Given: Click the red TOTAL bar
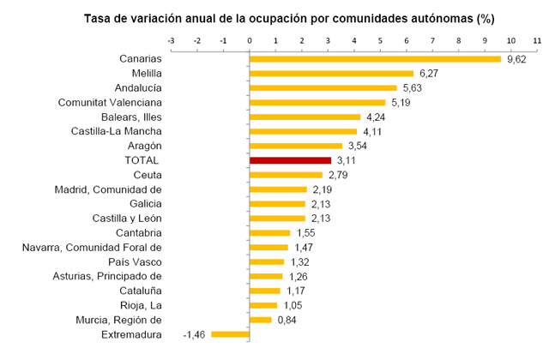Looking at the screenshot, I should point(290,160).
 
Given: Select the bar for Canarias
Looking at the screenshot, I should point(375,58).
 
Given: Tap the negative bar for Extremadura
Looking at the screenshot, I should point(230,334).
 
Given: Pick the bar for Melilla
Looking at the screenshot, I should point(331,73).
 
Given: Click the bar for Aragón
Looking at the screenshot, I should point(295,146).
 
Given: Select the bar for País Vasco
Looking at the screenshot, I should point(267,261).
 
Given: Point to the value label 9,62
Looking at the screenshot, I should point(516,59).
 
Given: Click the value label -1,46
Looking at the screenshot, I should point(195,335).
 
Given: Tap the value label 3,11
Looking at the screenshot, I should point(347,160).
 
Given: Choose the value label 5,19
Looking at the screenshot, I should point(401,102).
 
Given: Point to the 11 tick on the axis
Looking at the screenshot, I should point(537,40).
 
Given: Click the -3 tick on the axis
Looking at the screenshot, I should point(172,40).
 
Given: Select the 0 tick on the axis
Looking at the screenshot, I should point(250,40).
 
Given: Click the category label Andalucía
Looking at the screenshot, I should point(138,87).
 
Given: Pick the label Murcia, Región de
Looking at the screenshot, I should point(117,320).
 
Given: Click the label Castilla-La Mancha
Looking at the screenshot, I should point(116,131).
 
